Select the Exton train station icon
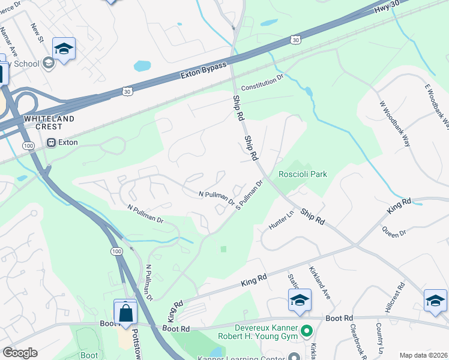[51, 143]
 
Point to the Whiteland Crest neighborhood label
[49, 122]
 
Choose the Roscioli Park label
[303, 174]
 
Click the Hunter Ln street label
[282, 215]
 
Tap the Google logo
[20, 353]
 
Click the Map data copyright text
[424, 355]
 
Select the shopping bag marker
[125, 313]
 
